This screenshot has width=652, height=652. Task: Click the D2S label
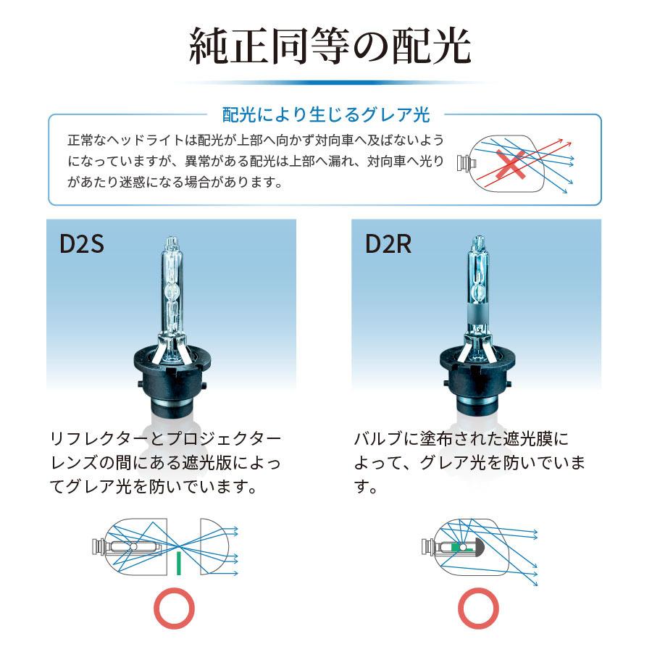pos(82,245)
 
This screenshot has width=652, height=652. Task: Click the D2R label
pos(388,245)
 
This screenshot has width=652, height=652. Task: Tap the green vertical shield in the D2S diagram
pos(177,562)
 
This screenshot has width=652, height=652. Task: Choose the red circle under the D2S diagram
pos(175,609)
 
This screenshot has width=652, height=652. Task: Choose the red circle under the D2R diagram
pos(478,609)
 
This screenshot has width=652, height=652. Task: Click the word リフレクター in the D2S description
pos(94,439)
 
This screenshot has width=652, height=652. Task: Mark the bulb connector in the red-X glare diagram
pos(461,162)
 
